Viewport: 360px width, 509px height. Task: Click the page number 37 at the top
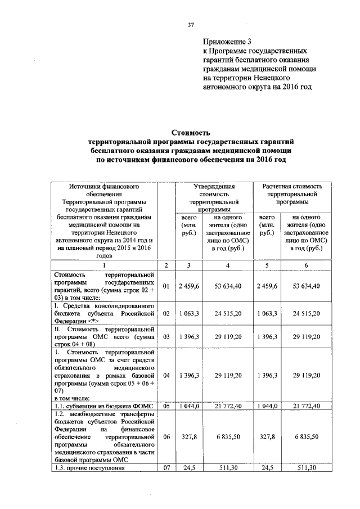(190, 25)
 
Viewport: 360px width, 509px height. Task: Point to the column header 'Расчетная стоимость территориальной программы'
(291, 193)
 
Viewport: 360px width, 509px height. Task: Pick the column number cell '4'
(228, 264)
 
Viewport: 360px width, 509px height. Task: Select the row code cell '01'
(166, 286)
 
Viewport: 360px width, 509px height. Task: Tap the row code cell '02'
(166, 313)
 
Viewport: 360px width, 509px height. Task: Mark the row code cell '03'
(166, 336)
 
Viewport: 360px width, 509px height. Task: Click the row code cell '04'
(166, 374)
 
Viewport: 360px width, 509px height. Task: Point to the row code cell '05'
(166, 406)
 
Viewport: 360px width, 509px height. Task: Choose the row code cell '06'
(166, 436)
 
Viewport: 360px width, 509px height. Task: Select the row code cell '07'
(166, 467)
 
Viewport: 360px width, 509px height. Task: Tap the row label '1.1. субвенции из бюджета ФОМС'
(98, 406)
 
